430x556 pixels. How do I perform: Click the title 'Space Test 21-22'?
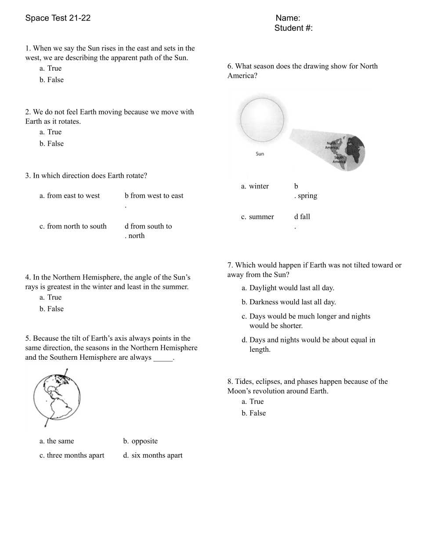(58, 18)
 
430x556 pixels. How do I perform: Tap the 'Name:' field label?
(288, 18)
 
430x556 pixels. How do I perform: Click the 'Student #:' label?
(293, 28)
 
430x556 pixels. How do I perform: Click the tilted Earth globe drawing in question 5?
(57, 398)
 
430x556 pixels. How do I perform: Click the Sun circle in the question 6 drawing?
(262, 119)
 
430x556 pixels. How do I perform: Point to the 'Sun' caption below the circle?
(260, 154)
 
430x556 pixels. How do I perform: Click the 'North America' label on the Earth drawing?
(331, 145)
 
